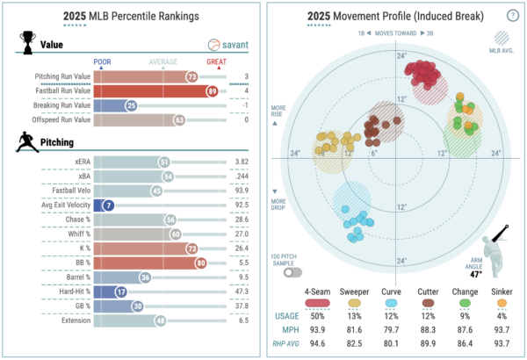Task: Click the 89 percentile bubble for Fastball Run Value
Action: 212,90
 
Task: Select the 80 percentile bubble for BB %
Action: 202,262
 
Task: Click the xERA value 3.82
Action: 241,162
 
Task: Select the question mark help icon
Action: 511,16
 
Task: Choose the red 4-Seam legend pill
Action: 317,302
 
